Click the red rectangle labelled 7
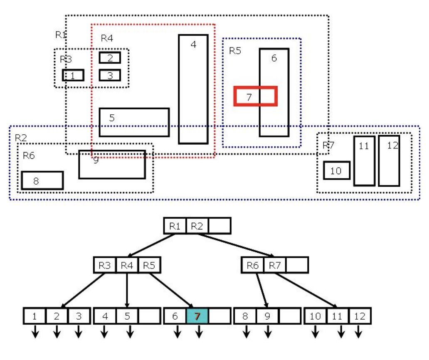(255, 96)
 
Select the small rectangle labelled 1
(73, 75)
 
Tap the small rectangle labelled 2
(110, 58)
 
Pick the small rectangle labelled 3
(110, 75)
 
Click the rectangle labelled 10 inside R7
(337, 170)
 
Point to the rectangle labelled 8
(42, 180)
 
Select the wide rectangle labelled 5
(134, 122)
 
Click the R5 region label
(235, 51)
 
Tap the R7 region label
(328, 145)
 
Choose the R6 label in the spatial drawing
(29, 156)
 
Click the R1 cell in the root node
(175, 227)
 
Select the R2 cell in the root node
(197, 227)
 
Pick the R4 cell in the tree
(127, 265)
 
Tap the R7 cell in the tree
(275, 265)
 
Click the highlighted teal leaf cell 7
(197, 316)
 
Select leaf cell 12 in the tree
(359, 316)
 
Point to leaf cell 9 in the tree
(267, 316)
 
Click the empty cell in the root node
(219, 227)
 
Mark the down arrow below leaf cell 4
(105, 331)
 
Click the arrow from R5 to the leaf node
(170, 290)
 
